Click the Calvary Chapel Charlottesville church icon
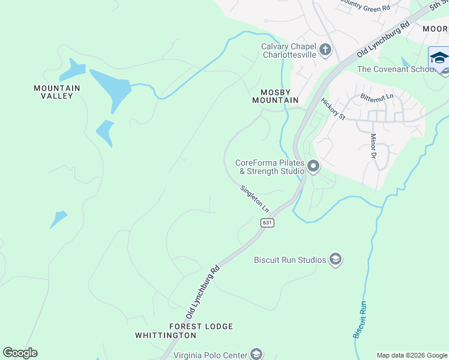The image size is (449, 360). point(325,49)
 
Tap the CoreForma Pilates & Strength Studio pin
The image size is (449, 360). point(313,166)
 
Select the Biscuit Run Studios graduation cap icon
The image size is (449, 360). point(336,259)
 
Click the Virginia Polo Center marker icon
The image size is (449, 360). point(256,354)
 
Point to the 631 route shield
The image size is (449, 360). point(268,223)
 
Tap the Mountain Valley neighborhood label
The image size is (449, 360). point(57,92)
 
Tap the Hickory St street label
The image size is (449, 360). point(333,109)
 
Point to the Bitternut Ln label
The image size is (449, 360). point(377,96)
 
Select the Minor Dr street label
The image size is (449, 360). point(373,145)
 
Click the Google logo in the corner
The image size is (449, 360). point(20,353)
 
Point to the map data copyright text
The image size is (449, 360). point(411,355)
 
